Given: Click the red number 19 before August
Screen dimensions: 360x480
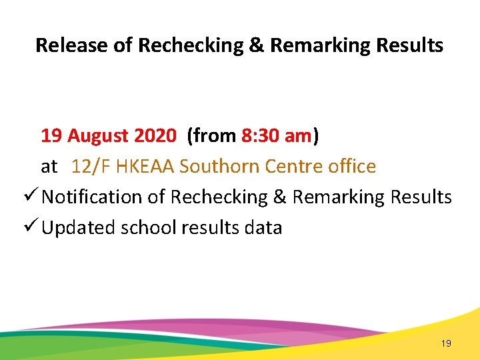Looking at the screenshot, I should click(51, 136).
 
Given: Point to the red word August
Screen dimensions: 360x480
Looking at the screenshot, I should click(98, 136).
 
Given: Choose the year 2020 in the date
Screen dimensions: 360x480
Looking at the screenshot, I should click(155, 136).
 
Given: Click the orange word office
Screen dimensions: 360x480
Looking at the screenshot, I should click(352, 166).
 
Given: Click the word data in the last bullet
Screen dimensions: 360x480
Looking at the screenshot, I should click(263, 228).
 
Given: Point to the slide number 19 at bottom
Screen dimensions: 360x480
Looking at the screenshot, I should click(446, 343).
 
